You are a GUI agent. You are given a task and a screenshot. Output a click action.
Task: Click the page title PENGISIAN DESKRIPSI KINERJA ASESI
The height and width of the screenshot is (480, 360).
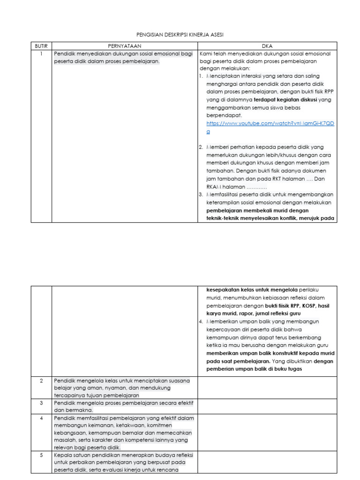click(x=180, y=35)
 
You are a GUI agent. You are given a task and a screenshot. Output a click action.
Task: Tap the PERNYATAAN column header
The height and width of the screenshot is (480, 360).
click(x=125, y=46)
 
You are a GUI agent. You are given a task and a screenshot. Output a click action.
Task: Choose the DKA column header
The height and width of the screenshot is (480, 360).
click(x=267, y=46)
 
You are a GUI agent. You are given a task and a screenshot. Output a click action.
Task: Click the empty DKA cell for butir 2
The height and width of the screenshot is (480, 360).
click(x=267, y=388)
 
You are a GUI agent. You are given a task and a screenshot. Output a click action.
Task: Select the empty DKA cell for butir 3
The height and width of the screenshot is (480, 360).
click(x=267, y=406)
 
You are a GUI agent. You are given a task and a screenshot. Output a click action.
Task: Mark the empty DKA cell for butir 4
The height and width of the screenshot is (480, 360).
click(x=267, y=433)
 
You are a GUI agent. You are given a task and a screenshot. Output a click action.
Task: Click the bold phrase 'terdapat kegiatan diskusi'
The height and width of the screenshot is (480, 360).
click(x=285, y=100)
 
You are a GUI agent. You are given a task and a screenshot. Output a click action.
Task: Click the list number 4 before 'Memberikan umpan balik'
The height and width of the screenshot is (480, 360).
click(x=201, y=321)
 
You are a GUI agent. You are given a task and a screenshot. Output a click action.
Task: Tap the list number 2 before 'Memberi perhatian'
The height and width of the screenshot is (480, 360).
click(x=201, y=147)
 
